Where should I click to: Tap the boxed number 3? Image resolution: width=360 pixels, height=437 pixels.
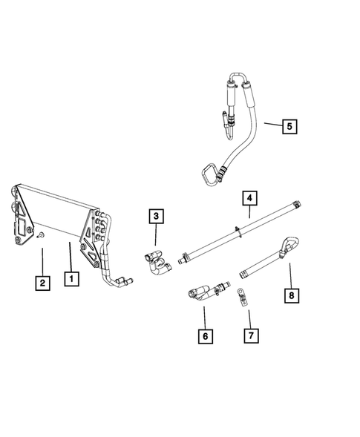(155, 217)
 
